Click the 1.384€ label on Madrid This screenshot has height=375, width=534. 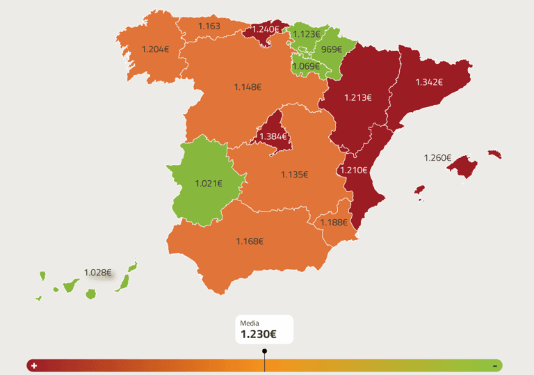coord(273,136)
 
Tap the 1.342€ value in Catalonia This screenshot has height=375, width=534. coord(429,82)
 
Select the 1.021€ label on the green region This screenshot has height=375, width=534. coord(209,184)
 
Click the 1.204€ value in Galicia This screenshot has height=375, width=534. coord(155,49)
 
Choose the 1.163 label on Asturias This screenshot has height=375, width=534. coord(209,26)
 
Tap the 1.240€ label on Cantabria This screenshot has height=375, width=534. coord(266,29)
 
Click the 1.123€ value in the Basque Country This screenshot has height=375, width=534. coord(306,34)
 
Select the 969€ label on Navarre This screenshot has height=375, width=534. coord(331,49)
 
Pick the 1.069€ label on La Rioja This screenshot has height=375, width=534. coord(306,66)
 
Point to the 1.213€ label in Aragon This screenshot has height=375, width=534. coord(358,97)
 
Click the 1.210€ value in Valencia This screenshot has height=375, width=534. coord(354,170)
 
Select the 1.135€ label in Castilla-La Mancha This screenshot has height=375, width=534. coord(294,175)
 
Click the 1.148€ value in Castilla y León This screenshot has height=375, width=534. coord(248,87)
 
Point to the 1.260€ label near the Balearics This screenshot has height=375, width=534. coord(437,158)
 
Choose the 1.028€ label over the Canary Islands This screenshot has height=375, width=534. coord(97,272)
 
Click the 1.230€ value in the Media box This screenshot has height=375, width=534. coord(258,335)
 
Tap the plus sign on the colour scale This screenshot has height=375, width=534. coord(33,365)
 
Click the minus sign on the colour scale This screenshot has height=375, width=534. coord(494,365)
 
